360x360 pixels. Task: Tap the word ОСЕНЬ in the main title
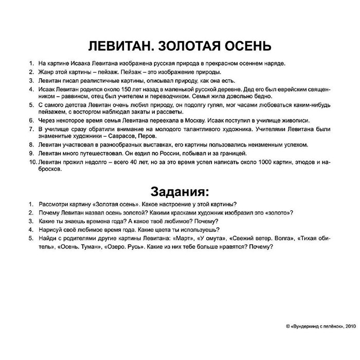pyautogui.click(x=244, y=45)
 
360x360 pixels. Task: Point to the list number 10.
pyautogui.click(x=32, y=163)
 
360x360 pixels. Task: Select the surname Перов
pyautogui.click(x=148, y=136)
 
